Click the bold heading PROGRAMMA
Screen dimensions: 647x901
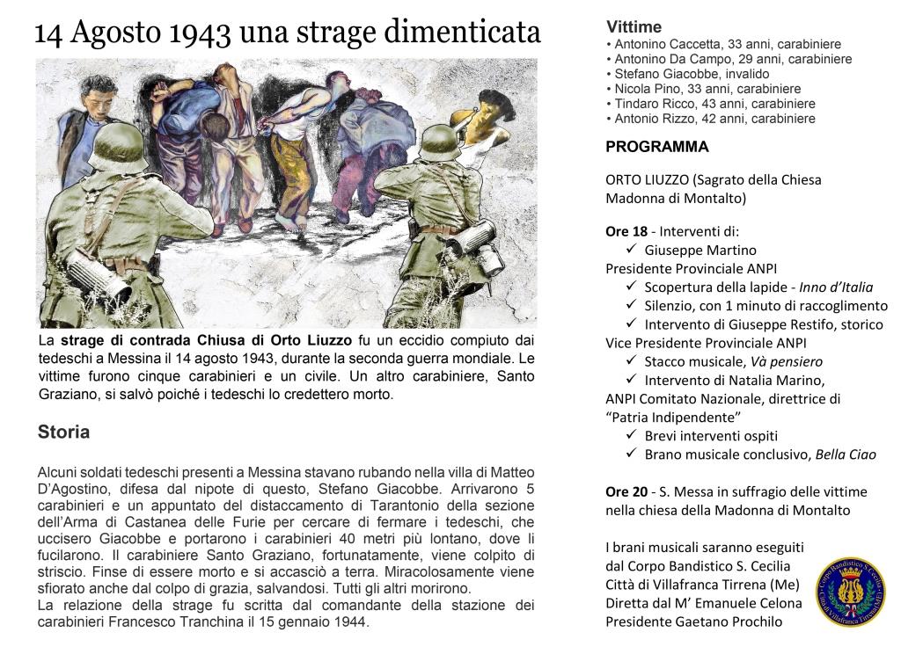pyautogui.click(x=657, y=147)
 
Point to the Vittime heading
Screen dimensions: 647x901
pyautogui.click(x=634, y=27)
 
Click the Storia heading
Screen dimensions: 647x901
pyautogui.click(x=63, y=433)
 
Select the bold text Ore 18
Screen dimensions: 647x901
pyautogui.click(x=626, y=231)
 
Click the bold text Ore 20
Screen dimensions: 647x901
pyautogui.click(x=626, y=491)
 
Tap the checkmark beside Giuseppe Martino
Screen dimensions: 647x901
pyautogui.click(x=632, y=250)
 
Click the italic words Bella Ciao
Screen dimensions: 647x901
pyautogui.click(x=846, y=454)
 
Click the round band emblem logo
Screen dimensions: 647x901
pyautogui.click(x=849, y=591)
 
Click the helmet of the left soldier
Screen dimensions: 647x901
pyautogui.click(x=118, y=146)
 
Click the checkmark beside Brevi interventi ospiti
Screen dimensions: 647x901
pyautogui.click(x=632, y=435)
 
